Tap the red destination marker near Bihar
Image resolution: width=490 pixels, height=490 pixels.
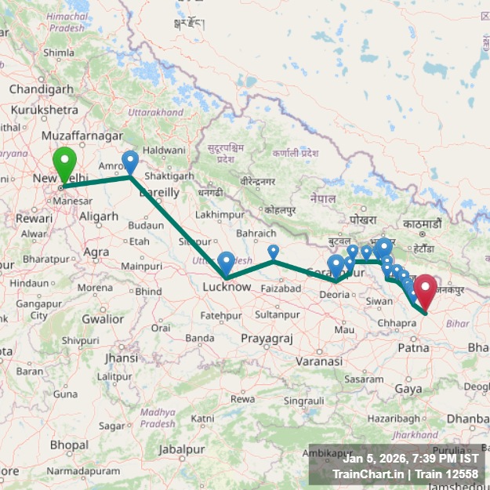426,292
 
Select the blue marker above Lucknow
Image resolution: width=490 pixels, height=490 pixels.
226,262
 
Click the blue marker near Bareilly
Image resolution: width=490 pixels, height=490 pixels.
130,162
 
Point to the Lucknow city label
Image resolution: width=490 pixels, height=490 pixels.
227,287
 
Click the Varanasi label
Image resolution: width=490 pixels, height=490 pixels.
319,361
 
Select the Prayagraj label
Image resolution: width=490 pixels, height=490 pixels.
267,338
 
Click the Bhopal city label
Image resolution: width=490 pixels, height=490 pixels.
69,445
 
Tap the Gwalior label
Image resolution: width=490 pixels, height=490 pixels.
103,319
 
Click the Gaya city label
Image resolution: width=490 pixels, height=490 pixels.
408,389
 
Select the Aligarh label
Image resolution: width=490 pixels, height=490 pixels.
99,216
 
